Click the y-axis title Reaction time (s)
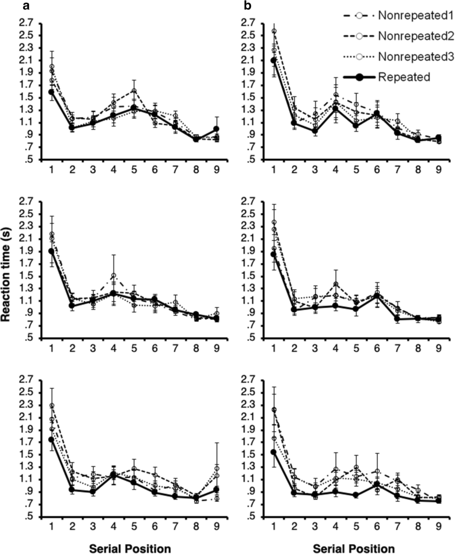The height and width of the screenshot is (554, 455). tap(8, 276)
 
